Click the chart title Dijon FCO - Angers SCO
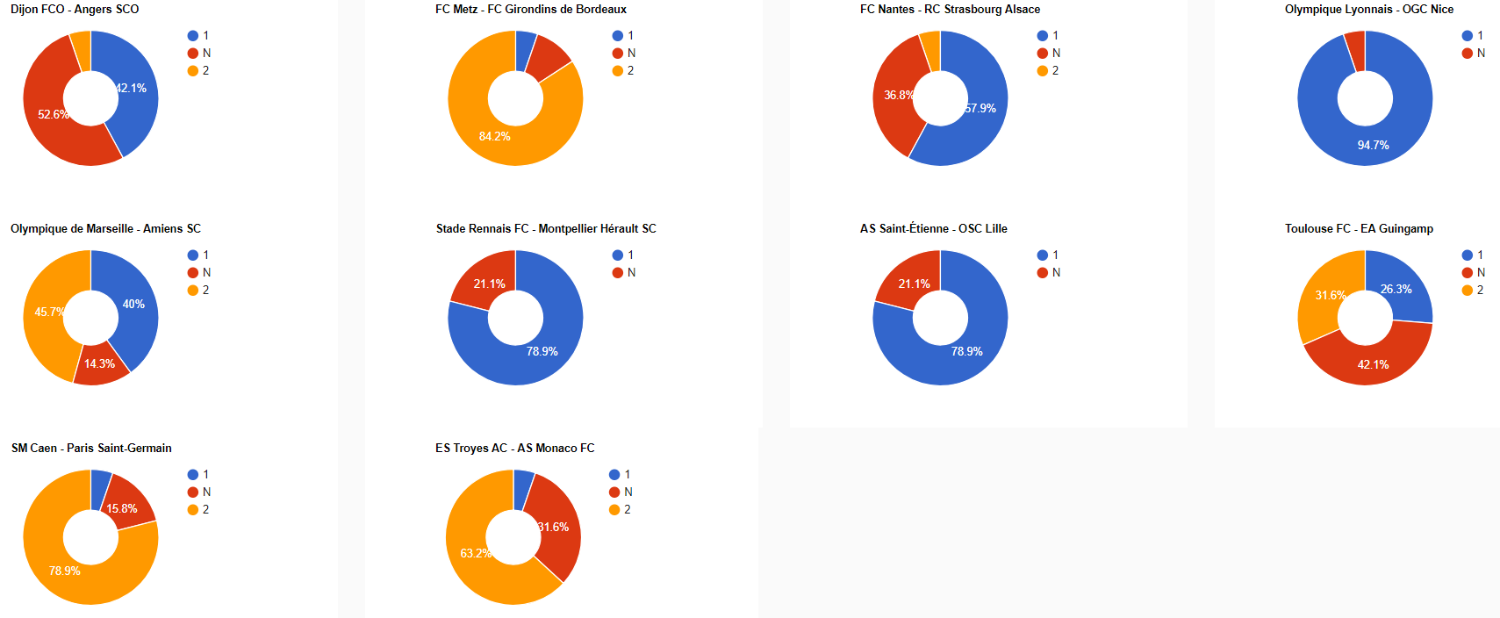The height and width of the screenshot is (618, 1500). (75, 10)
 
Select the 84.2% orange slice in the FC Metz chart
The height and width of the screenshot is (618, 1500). (495, 136)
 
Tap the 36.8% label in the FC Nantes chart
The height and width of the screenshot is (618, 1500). (898, 95)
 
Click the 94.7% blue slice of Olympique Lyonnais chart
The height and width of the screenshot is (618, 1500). (1373, 145)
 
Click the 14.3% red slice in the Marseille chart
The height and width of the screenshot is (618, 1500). (100, 363)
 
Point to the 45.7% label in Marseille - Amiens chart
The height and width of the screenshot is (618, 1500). (49, 312)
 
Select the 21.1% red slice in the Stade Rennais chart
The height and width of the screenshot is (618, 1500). (489, 284)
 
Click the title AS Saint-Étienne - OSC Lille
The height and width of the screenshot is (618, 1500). (933, 229)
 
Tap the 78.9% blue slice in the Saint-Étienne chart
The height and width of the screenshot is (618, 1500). (966, 351)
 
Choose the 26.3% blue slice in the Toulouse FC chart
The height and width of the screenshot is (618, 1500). (1396, 289)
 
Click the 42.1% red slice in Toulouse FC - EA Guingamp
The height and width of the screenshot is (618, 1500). (1373, 364)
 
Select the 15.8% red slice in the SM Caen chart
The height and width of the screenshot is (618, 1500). (122, 508)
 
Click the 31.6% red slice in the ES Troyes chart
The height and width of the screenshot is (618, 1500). (553, 527)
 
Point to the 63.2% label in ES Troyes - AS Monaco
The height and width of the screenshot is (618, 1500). (475, 553)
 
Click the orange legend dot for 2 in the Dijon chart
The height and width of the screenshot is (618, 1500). (193, 71)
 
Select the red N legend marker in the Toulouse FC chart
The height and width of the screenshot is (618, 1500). (1468, 273)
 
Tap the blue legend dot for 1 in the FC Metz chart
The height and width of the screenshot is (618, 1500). (618, 36)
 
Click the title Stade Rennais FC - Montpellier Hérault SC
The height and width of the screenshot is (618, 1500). (546, 229)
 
